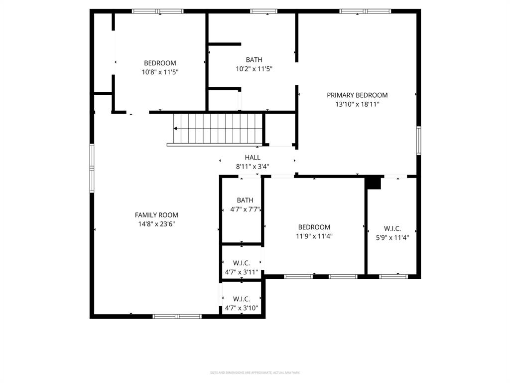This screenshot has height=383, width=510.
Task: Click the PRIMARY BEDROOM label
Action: tap(357, 95)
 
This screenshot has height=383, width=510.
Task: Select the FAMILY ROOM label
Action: tap(156, 215)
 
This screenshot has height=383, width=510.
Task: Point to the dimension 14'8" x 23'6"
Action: tap(156, 224)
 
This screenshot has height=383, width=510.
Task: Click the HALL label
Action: tap(253, 158)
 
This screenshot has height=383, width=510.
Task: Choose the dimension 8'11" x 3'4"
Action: tap(253, 167)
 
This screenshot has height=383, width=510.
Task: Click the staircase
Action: tap(218, 129)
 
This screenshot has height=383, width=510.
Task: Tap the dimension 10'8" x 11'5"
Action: tap(160, 72)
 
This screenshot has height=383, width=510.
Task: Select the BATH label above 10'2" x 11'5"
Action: tap(254, 60)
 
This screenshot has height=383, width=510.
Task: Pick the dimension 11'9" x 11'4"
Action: tap(314, 236)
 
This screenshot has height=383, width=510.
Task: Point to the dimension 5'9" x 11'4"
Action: tap(392, 238)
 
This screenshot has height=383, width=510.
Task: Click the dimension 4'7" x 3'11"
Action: tap(241, 272)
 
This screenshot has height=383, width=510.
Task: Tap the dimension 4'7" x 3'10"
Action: tap(241, 308)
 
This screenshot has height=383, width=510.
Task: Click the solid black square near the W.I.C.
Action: tap(373, 183)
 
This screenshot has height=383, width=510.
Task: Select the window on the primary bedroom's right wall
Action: tap(419, 140)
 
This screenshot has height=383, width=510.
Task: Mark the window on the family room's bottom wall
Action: tap(177, 316)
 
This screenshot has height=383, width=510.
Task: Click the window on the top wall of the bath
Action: tap(263, 11)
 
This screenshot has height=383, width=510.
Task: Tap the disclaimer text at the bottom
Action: tap(255, 373)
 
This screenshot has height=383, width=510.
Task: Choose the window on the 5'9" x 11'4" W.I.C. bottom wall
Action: tap(393, 276)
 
